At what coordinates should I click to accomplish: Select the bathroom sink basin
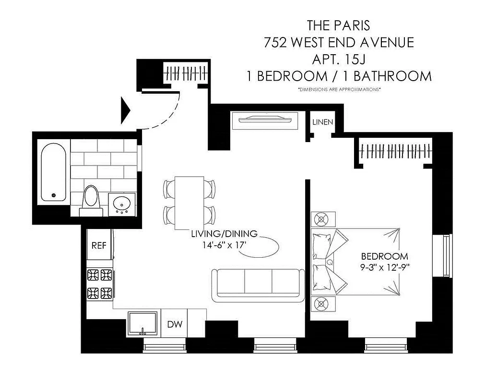coord(122,204)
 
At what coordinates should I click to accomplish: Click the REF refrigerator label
coord(99,245)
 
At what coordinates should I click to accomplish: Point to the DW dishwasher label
coord(174,324)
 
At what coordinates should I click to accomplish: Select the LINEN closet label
coord(322,122)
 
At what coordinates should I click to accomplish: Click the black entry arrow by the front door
coord(126,109)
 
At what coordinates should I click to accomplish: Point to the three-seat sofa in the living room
coord(258,285)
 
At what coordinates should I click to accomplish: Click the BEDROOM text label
coord(384,256)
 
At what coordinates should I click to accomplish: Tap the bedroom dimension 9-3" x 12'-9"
coord(384,267)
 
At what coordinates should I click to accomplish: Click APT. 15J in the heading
coord(339,59)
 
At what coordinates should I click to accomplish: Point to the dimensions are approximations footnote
coord(339,90)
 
